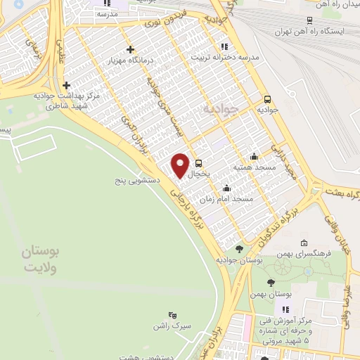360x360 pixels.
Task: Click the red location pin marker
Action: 180,165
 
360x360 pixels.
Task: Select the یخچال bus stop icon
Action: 200,162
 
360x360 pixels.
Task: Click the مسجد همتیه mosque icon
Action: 253,156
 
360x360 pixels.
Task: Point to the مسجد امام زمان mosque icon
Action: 226,188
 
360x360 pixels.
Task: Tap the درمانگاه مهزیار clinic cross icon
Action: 130,49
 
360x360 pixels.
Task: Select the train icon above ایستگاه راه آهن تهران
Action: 309,21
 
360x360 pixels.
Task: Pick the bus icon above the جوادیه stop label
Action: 267,99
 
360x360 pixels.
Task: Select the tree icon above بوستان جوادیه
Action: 240,248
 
